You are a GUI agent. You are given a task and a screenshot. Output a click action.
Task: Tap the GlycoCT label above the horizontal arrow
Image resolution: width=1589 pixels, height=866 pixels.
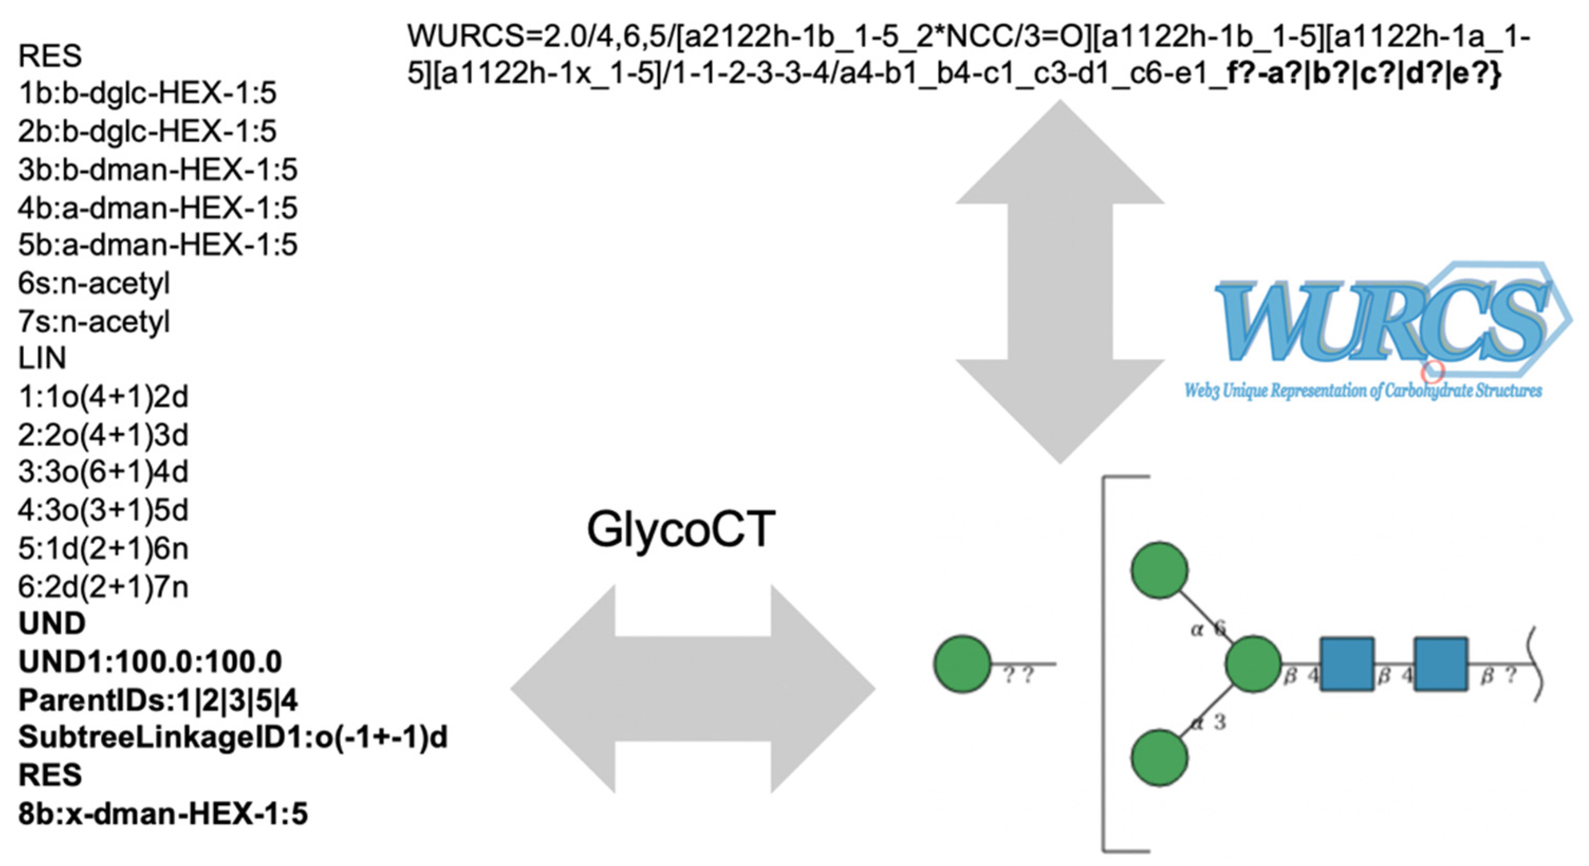tap(680, 529)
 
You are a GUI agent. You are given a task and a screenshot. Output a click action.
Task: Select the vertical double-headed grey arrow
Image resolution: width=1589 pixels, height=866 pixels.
tap(1060, 281)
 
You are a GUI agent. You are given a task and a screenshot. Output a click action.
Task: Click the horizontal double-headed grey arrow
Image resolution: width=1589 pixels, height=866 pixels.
tap(693, 689)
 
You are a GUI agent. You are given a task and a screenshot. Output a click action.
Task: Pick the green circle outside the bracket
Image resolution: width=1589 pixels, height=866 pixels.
tap(963, 664)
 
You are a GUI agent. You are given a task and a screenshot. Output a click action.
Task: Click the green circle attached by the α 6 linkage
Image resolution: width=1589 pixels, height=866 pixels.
tap(1159, 570)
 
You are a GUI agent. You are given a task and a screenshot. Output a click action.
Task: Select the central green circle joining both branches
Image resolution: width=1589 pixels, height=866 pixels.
tap(1253, 665)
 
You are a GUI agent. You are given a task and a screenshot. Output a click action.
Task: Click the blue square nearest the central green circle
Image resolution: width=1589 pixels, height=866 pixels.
tap(1347, 664)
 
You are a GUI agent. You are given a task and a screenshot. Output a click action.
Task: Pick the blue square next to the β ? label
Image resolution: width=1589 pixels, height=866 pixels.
tap(1441, 664)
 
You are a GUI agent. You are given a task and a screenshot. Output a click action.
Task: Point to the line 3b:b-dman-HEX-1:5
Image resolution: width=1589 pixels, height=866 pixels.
tap(157, 170)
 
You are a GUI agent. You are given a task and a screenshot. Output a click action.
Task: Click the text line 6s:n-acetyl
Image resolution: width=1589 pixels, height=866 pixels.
tap(94, 284)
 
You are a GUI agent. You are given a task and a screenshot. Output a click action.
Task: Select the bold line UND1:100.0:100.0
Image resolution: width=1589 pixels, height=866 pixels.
tap(150, 662)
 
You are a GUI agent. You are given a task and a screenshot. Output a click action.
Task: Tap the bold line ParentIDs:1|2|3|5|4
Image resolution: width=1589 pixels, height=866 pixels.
tap(158, 700)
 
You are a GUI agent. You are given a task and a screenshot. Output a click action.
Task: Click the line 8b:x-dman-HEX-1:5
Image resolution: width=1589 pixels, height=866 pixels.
tap(163, 814)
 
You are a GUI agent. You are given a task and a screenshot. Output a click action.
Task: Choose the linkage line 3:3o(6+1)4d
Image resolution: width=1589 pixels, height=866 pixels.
tap(103, 473)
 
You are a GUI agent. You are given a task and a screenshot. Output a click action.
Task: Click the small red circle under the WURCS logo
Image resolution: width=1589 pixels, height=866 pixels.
tap(1432, 371)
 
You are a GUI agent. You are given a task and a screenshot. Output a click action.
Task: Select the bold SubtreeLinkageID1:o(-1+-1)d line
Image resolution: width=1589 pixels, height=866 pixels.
tap(232, 737)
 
